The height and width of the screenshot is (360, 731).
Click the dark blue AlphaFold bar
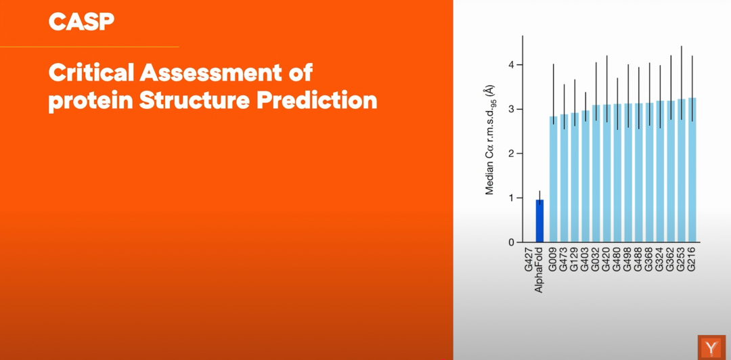(539, 221)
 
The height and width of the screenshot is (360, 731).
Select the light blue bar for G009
(554, 179)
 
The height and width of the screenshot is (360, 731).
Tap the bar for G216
(692, 171)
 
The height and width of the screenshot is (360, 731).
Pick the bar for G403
(585, 176)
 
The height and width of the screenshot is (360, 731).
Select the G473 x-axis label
(564, 262)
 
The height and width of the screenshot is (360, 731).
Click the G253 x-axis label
(682, 262)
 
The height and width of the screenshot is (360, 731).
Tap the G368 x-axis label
(649, 262)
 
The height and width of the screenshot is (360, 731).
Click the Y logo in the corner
(711, 347)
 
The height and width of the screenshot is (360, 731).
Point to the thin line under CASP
(89, 47)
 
